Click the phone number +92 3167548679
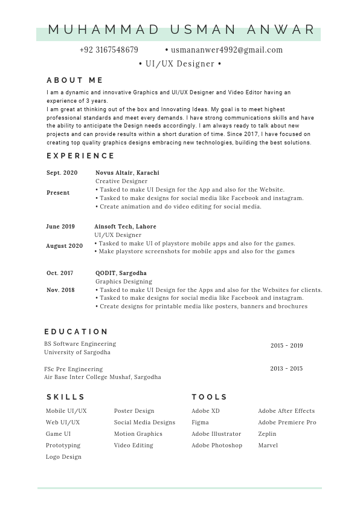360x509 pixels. pos(109,50)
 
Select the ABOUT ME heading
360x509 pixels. pos(75,80)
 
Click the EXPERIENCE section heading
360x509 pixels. pos(80,156)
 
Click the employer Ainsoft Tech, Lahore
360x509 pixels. pos(125,227)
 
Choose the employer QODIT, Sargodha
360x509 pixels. pos(121,273)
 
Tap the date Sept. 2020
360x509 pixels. pos(62,173)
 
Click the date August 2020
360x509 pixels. pos(64,246)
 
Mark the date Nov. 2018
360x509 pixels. pos(60,290)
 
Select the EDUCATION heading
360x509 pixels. pos(76,332)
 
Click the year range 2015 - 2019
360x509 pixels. pos(286,346)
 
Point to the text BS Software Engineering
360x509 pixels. pos(80,344)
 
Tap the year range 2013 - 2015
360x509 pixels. pos(286,369)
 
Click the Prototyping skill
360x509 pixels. pos(63,446)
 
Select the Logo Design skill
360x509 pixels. pos(63,457)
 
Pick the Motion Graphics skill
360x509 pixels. pos(138,434)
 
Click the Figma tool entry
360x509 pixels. pos(200,423)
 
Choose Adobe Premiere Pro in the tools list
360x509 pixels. pos(287,423)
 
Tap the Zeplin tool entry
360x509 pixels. pos(267,434)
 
